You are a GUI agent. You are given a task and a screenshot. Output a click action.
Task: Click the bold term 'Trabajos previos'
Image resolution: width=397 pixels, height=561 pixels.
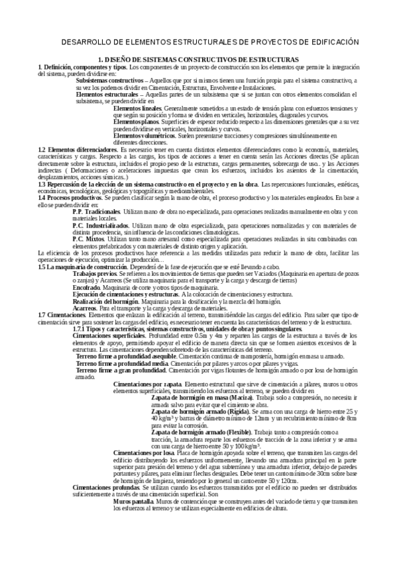[x=93, y=273]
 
